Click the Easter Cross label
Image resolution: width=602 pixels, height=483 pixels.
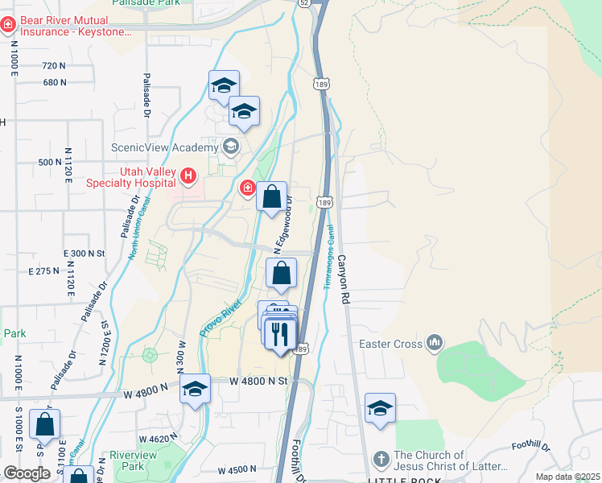click(x=390, y=345)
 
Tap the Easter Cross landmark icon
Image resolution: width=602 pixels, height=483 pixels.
click(x=435, y=344)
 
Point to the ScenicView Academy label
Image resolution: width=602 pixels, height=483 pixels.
click(x=164, y=147)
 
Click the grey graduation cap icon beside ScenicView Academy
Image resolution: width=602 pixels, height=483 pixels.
click(x=231, y=147)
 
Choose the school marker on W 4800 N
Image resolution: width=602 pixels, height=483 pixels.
click(x=195, y=390)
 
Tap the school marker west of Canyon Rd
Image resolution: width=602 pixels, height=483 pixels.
click(x=380, y=408)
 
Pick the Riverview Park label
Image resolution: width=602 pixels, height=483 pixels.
click(x=133, y=460)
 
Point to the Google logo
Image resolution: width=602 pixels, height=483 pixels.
click(x=27, y=473)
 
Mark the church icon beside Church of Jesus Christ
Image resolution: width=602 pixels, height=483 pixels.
click(x=381, y=460)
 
